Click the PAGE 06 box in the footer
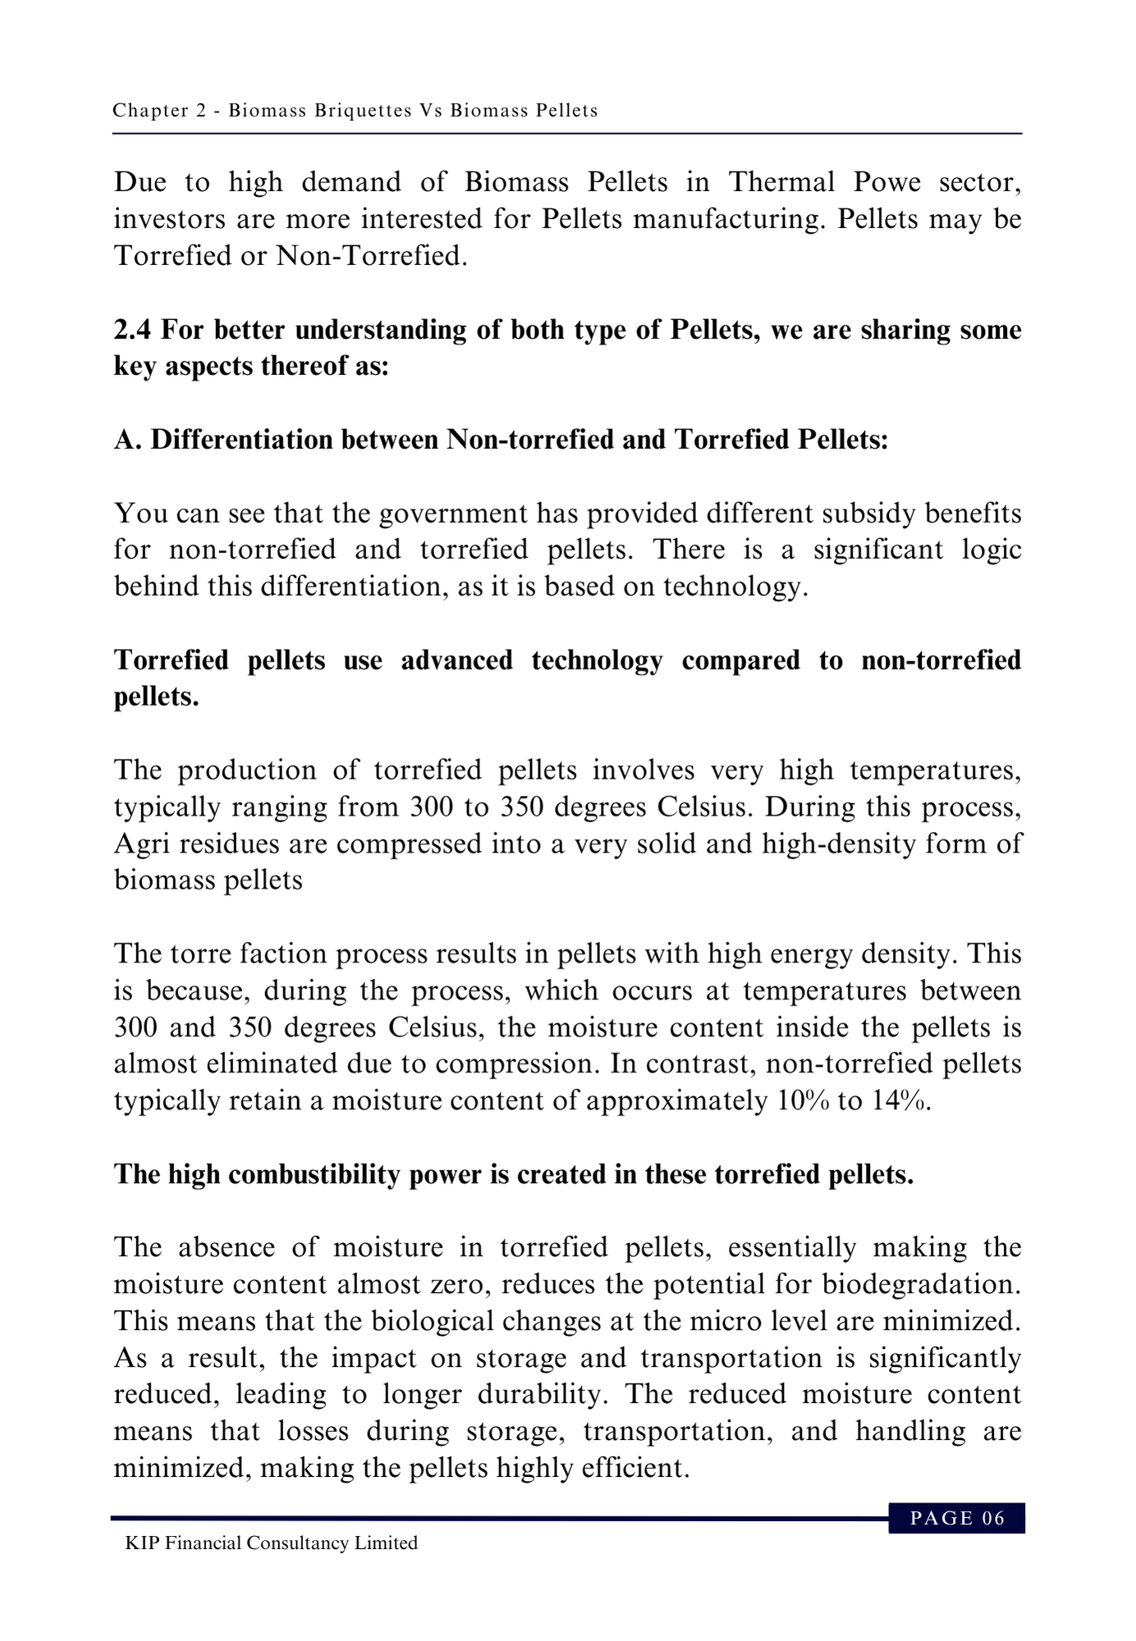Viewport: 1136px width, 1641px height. click(957, 1518)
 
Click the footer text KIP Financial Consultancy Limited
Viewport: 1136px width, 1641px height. click(271, 1543)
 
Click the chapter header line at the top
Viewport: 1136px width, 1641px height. click(355, 110)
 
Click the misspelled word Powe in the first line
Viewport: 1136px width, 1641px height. click(886, 182)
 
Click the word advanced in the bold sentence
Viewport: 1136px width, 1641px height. click(456, 660)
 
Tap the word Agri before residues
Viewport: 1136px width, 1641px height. click(142, 843)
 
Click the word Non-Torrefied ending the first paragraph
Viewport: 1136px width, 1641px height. click(371, 256)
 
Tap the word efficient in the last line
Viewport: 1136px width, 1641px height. click(634, 1467)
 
